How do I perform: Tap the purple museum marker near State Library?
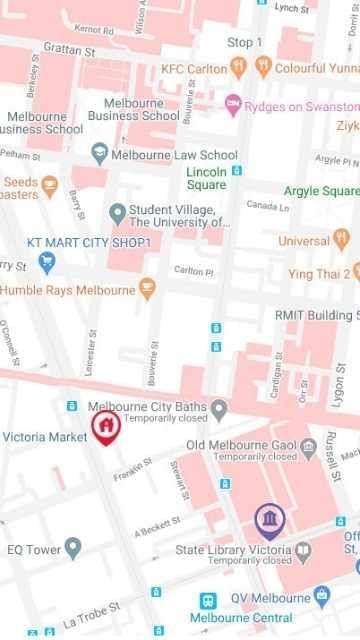click(x=269, y=519)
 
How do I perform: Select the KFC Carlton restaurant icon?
click(x=238, y=68)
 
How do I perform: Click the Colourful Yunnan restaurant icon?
click(x=263, y=68)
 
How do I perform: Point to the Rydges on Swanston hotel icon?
click(x=232, y=103)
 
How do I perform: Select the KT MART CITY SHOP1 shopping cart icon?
click(x=46, y=263)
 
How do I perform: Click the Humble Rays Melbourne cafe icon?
click(x=147, y=290)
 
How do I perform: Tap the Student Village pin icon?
click(x=117, y=213)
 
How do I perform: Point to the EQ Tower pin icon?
click(x=72, y=548)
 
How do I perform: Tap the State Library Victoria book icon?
click(x=303, y=550)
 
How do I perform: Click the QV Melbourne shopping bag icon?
click(x=321, y=597)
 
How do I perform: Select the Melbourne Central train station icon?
click(x=208, y=601)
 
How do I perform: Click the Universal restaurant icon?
click(x=342, y=241)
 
